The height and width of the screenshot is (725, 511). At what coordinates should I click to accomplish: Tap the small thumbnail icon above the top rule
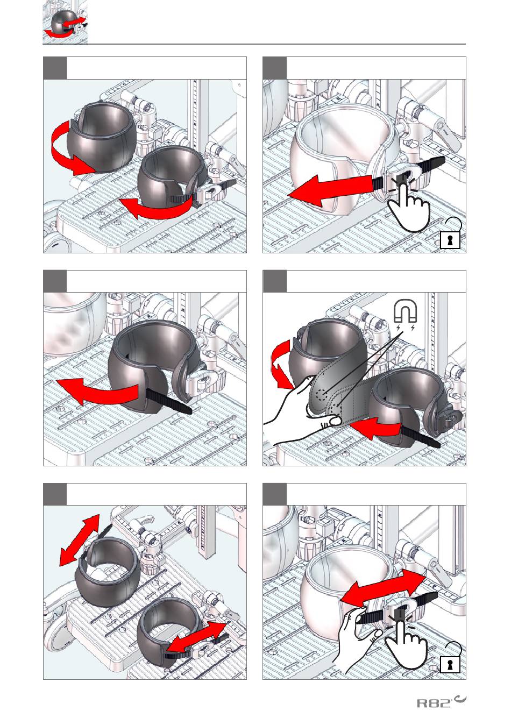65,22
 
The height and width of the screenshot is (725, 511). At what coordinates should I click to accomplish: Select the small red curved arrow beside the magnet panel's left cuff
281,365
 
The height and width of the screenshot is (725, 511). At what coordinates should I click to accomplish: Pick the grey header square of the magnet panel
274,281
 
